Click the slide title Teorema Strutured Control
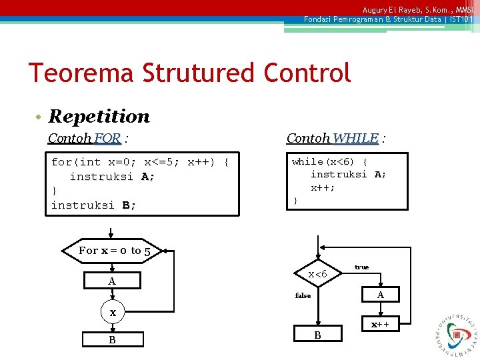pyautogui.click(x=189, y=72)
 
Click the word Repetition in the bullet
pyautogui.click(x=99, y=116)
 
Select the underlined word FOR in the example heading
pyautogui.click(x=107, y=139)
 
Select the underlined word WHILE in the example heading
pyautogui.click(x=355, y=138)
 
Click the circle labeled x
pyautogui.click(x=113, y=313)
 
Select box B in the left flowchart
pyautogui.click(x=112, y=340)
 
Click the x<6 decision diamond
pyautogui.click(x=317, y=274)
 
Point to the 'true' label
pyautogui.click(x=361, y=267)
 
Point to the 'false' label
pyautogui.click(x=303, y=295)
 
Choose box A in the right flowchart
pyautogui.click(x=380, y=295)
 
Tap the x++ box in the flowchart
pyautogui.click(x=380, y=325)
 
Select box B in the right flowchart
pyautogui.click(x=317, y=335)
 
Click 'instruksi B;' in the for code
pyautogui.click(x=94, y=205)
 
